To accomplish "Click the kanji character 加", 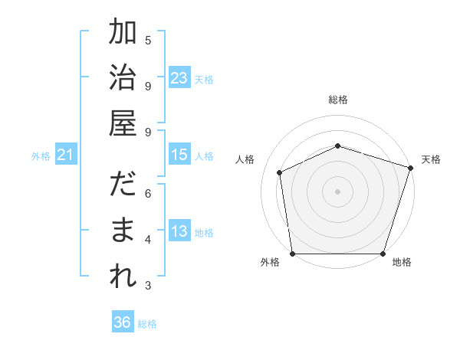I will pyautogui.click(x=123, y=33).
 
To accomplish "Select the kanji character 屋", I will pyautogui.click(x=123, y=123).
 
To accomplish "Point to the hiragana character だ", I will pyautogui.click(x=123, y=186).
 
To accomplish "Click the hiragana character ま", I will pyautogui.click(x=123, y=231).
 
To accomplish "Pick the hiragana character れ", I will pyautogui.click(x=123, y=277).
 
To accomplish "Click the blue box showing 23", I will pyautogui.click(x=179, y=78).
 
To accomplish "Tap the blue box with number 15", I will pyautogui.click(x=179, y=155).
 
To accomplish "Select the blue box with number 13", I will pyautogui.click(x=179, y=232).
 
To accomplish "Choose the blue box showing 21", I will pyautogui.click(x=66, y=155).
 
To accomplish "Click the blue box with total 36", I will pyautogui.click(x=123, y=322).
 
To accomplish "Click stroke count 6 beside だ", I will pyautogui.click(x=148, y=193).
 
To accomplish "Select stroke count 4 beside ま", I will pyautogui.click(x=148, y=240).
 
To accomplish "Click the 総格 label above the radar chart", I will pyautogui.click(x=338, y=100).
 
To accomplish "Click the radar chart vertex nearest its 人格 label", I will pyautogui.click(x=280, y=172).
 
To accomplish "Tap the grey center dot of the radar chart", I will pyautogui.click(x=338, y=191).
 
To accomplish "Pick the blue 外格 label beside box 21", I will pyautogui.click(x=41, y=156).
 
